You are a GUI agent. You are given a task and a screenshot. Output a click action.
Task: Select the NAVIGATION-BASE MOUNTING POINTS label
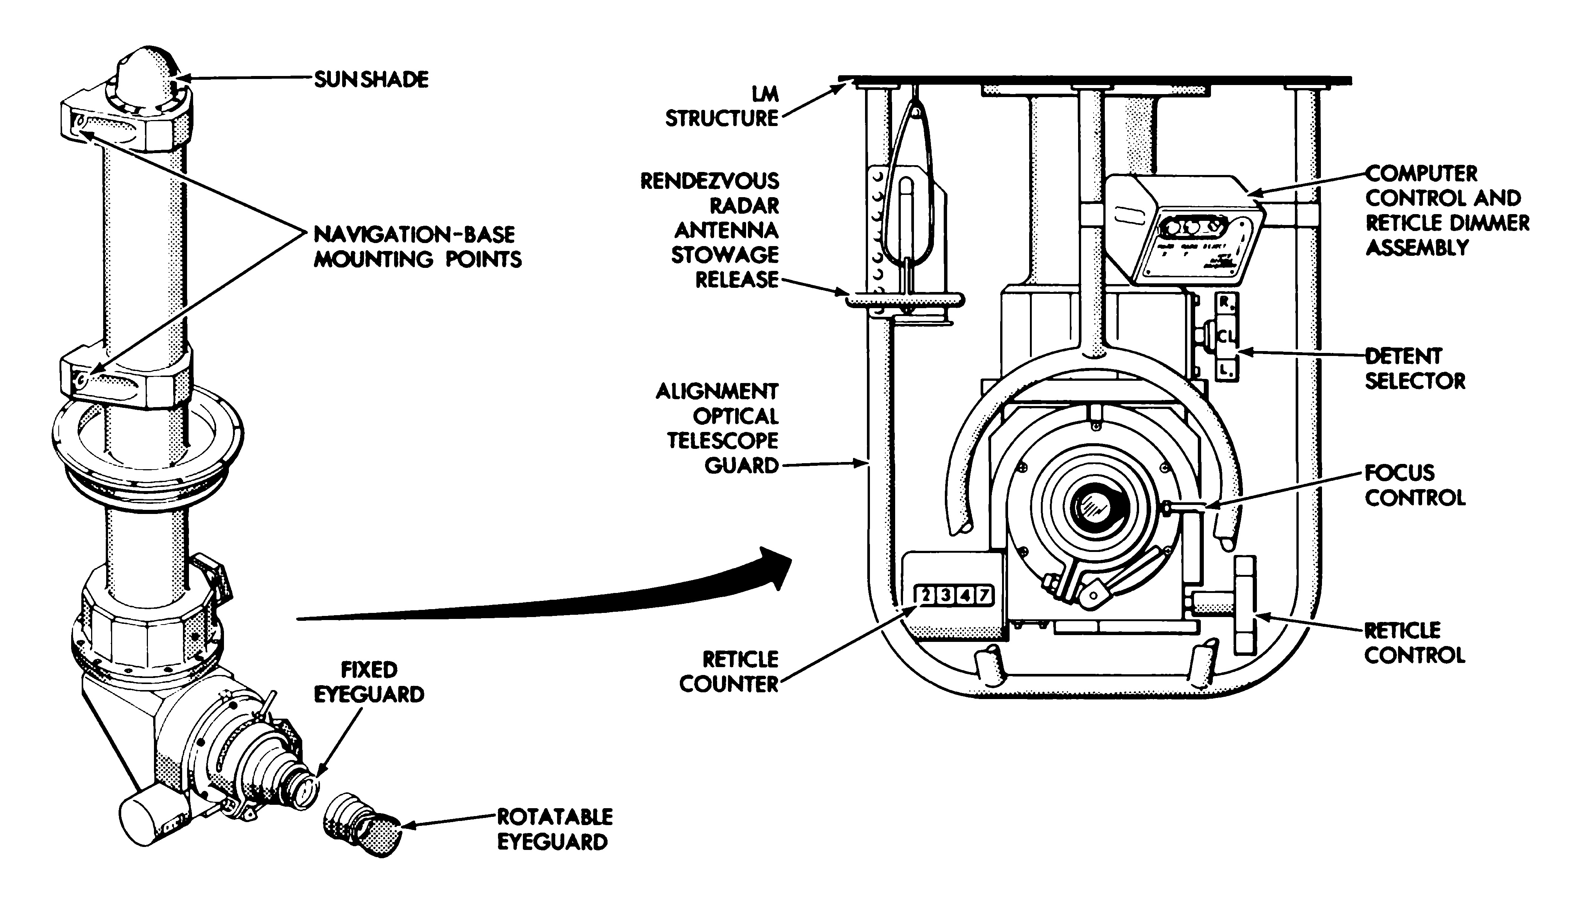(417, 247)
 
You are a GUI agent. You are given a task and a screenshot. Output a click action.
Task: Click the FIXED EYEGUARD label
(369, 682)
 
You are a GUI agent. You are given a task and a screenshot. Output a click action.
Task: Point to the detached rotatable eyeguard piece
(363, 825)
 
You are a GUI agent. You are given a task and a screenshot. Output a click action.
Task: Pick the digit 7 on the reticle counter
(984, 595)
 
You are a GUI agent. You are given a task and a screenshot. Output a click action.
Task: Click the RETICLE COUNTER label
(729, 672)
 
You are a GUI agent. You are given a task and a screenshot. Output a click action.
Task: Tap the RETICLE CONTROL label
(1415, 643)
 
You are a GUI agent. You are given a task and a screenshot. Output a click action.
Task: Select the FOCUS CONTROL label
(1415, 485)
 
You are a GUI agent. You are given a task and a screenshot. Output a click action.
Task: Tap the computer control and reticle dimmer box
(1185, 230)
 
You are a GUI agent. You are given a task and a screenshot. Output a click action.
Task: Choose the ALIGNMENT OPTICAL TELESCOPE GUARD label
(717, 428)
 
